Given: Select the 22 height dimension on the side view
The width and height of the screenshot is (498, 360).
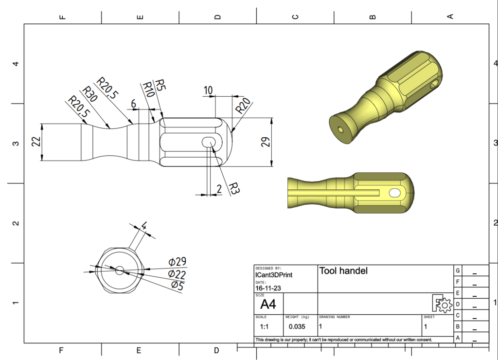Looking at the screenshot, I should pos(36,142).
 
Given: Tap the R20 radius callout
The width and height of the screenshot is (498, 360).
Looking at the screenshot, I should pos(242,106).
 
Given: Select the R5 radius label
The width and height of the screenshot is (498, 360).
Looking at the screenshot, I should pos(160,85).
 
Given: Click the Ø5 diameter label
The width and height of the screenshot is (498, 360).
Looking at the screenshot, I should pos(178,286).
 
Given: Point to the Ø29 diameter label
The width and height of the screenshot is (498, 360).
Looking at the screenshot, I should pos(178,262).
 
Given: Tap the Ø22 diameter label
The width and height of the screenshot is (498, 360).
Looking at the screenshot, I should pos(178,274).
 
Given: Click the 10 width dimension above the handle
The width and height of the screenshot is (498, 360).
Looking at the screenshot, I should pos(208,90).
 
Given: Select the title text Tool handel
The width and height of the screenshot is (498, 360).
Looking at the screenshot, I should pos(343,271).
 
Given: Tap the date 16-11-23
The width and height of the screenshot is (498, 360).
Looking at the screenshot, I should pos(267,288).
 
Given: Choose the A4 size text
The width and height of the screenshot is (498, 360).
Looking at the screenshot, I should pos(268,305).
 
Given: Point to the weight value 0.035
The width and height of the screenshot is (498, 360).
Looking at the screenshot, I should pos(297,326).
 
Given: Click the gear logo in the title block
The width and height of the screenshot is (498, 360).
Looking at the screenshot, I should pos(442,304).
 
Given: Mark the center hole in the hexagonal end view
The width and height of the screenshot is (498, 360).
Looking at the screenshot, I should pos(120,270).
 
